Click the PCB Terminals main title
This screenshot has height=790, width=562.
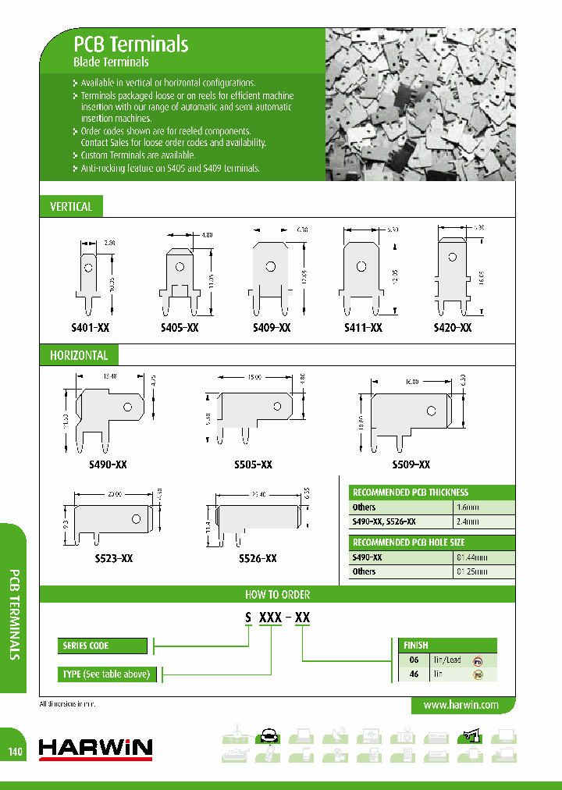pyautogui.click(x=130, y=44)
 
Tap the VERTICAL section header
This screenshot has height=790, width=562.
pyautogui.click(x=71, y=207)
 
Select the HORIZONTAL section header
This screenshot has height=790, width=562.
pyautogui.click(x=79, y=355)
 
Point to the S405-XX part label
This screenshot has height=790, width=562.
pyautogui.click(x=181, y=329)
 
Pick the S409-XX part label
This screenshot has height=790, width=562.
pyautogui.click(x=272, y=329)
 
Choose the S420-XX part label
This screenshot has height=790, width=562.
pyautogui.click(x=452, y=329)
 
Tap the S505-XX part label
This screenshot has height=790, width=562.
pyautogui.click(x=254, y=464)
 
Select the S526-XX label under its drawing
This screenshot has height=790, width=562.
pyautogui.click(x=258, y=559)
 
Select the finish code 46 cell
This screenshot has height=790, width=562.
pyautogui.click(x=414, y=674)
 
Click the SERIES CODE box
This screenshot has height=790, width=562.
pyautogui.click(x=102, y=646)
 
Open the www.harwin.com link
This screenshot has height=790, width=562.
pyautogui.click(x=461, y=705)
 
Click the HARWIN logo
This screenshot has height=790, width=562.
pyautogui.click(x=95, y=749)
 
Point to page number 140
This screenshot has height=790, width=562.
pyautogui.click(x=16, y=752)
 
